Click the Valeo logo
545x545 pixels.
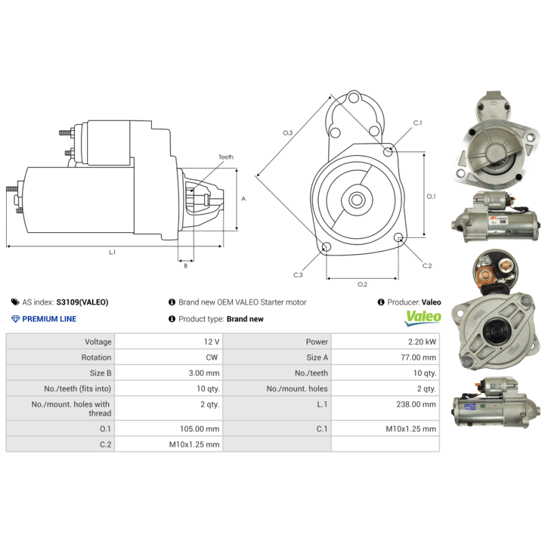[x=423, y=317]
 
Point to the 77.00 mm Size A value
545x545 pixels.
[x=419, y=357]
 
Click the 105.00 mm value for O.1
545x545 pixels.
[x=203, y=429]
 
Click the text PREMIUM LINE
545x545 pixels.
[x=49, y=319]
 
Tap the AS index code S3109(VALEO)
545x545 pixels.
[x=82, y=302]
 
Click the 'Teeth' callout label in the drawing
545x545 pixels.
[x=225, y=157]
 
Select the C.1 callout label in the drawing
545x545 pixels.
[x=418, y=123]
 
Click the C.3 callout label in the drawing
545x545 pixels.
[x=298, y=275]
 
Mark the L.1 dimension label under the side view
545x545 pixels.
[x=112, y=252]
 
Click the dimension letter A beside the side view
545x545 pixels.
[x=243, y=198]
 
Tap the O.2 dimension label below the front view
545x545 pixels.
[x=362, y=284]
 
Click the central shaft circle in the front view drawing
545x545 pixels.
[x=356, y=200]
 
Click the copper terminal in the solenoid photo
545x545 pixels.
[x=485, y=275]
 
